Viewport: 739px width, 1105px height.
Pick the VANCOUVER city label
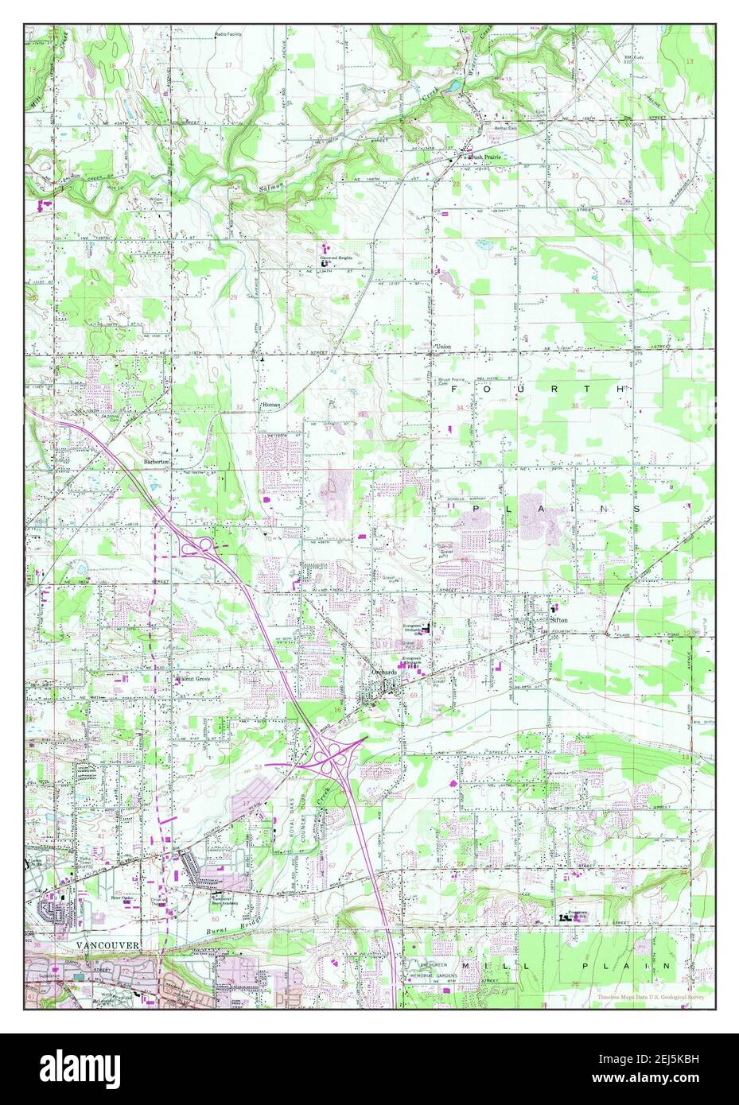pyautogui.click(x=108, y=944)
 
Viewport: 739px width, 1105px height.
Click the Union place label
pyautogui.click(x=444, y=347)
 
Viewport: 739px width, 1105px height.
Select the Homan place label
pyautogui.click(x=271, y=405)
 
